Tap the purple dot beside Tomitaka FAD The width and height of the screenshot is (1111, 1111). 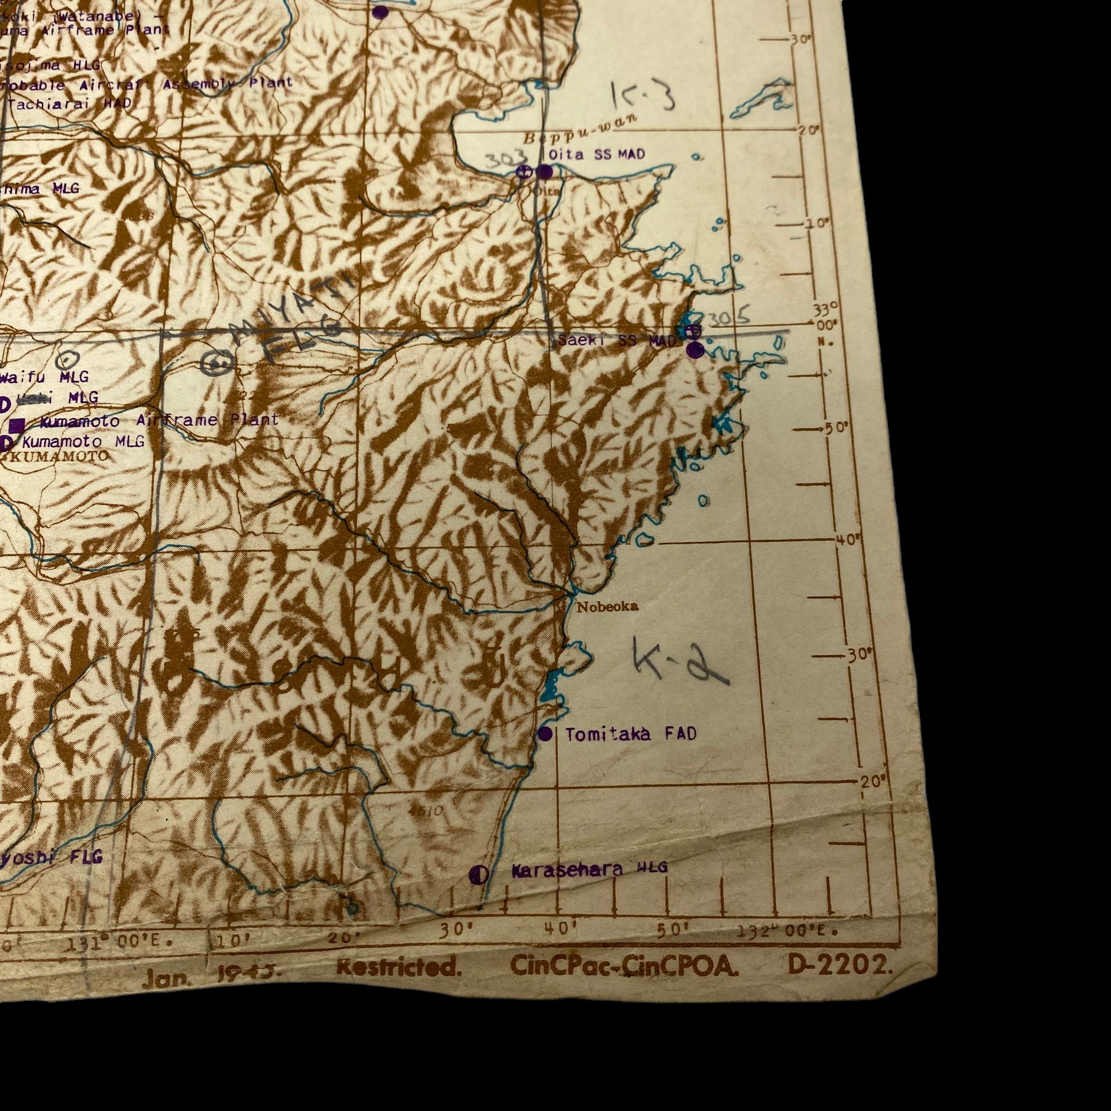[545, 734]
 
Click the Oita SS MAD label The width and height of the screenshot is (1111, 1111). [596, 154]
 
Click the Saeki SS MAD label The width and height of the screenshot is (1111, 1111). [617, 340]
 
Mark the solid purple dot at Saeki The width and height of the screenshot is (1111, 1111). [695, 350]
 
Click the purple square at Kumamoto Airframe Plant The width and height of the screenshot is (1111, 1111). [17, 425]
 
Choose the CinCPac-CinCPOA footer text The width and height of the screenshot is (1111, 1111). [624, 967]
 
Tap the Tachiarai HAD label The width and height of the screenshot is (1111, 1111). [69, 104]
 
